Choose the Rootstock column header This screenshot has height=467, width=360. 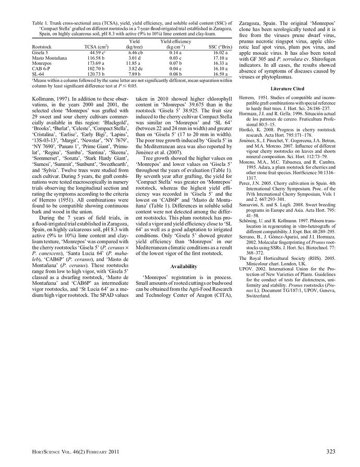[42, 46]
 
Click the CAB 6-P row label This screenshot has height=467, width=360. [41, 68]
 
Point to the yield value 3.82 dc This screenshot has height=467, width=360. [135, 68]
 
